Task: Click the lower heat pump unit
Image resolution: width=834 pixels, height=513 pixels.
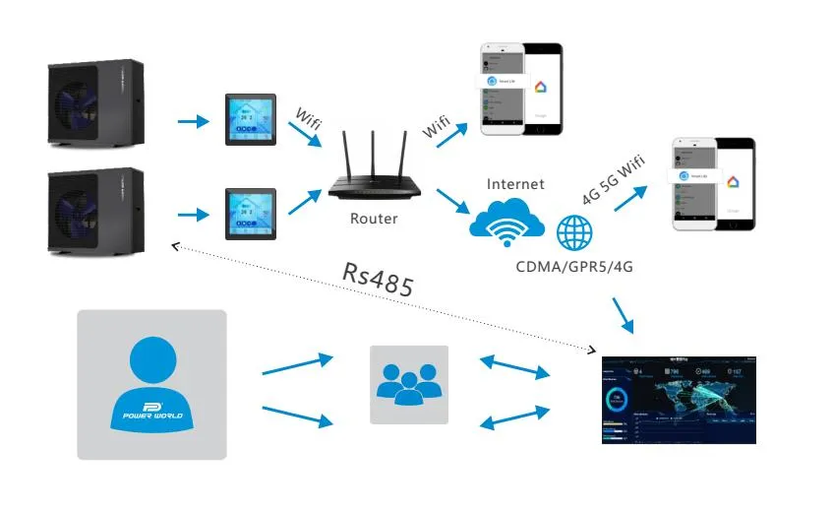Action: (x=96, y=211)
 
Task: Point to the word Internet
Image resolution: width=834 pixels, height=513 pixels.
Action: (x=514, y=183)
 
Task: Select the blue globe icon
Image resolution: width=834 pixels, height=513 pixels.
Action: (x=575, y=233)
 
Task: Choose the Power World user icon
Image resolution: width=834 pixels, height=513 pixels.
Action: (x=151, y=384)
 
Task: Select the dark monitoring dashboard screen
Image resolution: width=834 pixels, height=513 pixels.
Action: (x=679, y=399)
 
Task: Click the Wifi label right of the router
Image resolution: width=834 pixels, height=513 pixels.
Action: (x=438, y=126)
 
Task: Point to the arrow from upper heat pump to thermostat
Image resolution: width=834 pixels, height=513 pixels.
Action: (x=194, y=122)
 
